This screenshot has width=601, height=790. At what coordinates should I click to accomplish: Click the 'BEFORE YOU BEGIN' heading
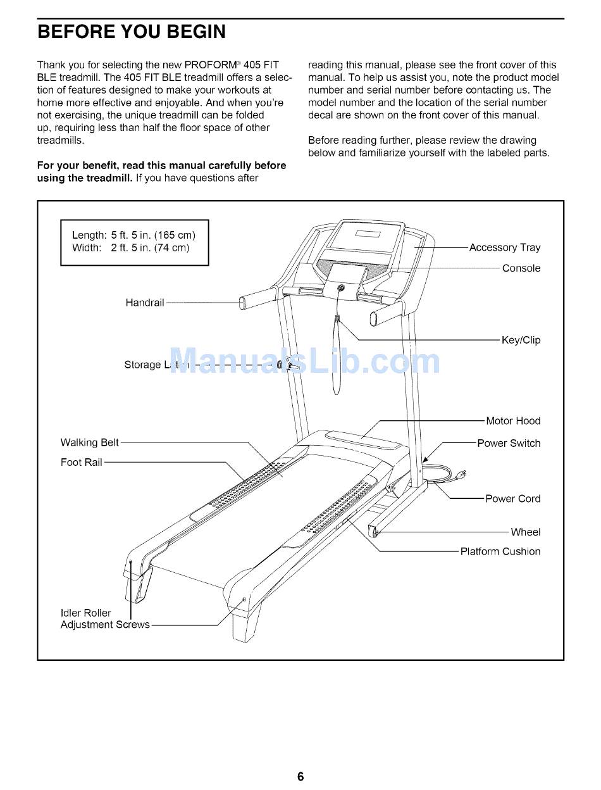click(132, 32)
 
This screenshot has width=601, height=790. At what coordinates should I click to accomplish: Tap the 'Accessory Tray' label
click(504, 248)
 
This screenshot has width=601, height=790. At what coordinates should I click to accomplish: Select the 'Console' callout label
click(521, 268)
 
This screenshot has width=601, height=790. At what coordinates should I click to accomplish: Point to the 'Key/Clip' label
click(521, 340)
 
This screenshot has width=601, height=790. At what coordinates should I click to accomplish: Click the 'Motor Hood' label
click(512, 421)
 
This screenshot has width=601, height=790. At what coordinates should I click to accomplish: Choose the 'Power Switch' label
click(509, 443)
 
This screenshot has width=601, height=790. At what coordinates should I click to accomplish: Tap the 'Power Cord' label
click(512, 499)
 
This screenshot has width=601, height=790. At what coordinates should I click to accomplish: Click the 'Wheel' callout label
click(525, 532)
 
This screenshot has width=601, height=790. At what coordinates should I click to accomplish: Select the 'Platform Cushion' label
click(500, 551)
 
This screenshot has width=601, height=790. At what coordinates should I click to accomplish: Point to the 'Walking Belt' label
click(89, 442)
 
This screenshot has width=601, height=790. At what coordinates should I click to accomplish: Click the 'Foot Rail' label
click(81, 462)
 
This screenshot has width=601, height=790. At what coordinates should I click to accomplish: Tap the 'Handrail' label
click(144, 303)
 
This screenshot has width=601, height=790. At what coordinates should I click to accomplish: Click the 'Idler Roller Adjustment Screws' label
click(104, 619)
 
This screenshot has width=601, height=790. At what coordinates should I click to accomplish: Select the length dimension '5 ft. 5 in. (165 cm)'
click(152, 235)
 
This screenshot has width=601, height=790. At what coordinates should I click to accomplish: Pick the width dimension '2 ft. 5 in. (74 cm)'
click(150, 248)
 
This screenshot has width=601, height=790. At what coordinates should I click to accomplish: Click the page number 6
click(300, 777)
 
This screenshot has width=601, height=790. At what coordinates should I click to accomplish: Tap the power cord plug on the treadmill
click(464, 473)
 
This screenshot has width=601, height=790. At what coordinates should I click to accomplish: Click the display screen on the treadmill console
click(367, 234)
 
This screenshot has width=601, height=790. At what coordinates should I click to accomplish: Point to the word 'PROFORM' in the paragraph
click(213, 65)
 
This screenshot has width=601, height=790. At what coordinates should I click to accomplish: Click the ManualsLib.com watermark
click(304, 363)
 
